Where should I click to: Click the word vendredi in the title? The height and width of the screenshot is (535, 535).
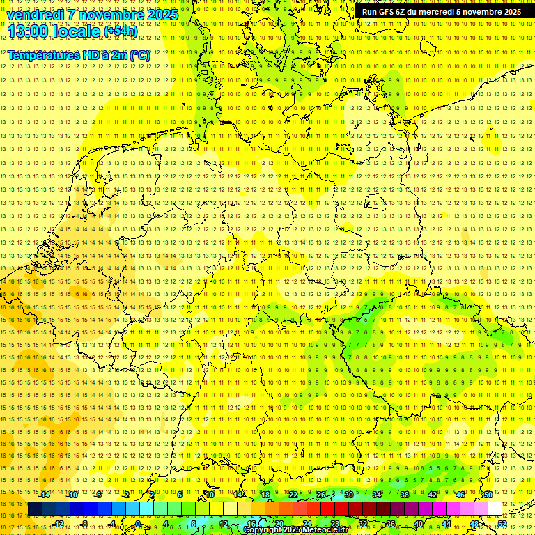click(36, 15)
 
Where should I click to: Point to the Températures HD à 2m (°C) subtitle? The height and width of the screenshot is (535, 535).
click(79, 55)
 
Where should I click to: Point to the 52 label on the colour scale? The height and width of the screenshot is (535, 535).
click(502, 524)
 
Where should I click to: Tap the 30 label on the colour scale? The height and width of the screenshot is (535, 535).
click(348, 495)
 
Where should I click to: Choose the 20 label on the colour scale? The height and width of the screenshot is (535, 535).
click(279, 524)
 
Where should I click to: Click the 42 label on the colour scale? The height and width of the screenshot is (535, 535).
click(432, 495)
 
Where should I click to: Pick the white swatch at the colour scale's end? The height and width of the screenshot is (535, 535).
click(495, 509)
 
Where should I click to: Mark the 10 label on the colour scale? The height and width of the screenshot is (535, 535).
click(209, 495)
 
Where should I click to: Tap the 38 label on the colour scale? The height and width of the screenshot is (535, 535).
click(404, 495)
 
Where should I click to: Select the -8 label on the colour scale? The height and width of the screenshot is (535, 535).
click(85, 524)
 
